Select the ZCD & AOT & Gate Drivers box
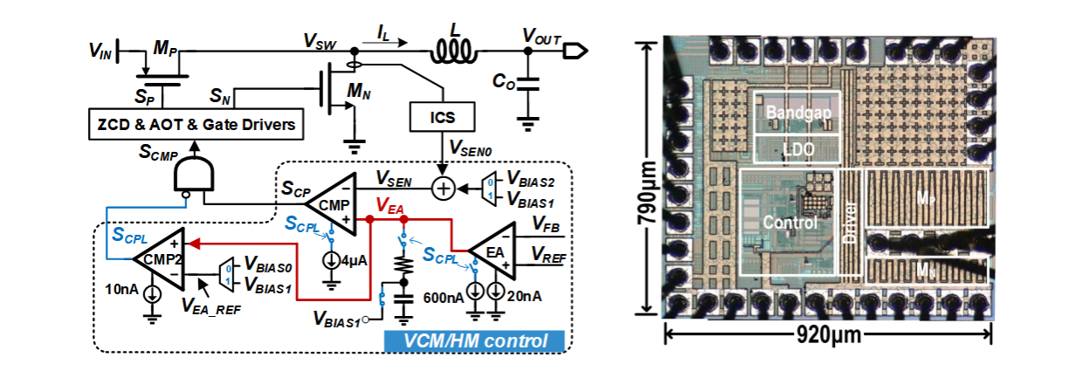point(197,125)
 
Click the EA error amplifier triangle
point(494,248)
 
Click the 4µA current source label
point(355,259)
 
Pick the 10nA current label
point(121,289)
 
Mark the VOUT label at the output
point(541,36)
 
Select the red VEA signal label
point(390,204)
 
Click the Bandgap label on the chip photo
point(797,113)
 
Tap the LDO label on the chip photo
point(797,149)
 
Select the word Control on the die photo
point(790,222)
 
